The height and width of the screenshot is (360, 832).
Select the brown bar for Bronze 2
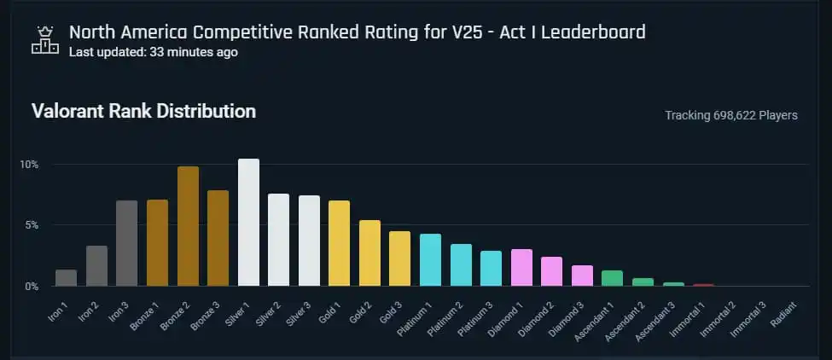[x=188, y=226]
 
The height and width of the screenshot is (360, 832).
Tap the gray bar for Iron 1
[x=67, y=278]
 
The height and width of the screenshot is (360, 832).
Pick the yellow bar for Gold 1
[x=339, y=243]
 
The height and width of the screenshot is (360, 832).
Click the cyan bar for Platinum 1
[x=430, y=260]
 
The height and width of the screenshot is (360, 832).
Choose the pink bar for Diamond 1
[x=521, y=268]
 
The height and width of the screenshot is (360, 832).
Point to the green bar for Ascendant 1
[x=612, y=278]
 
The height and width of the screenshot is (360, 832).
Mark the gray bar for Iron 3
[x=127, y=243]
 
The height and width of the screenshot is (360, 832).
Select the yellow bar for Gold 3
[x=399, y=258]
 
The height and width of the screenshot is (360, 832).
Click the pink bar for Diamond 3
[x=582, y=276]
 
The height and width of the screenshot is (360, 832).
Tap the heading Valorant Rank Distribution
[x=143, y=112]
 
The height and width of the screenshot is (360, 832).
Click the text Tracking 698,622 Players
[x=730, y=115]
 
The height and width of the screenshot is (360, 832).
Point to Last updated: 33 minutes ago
[x=153, y=52]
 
